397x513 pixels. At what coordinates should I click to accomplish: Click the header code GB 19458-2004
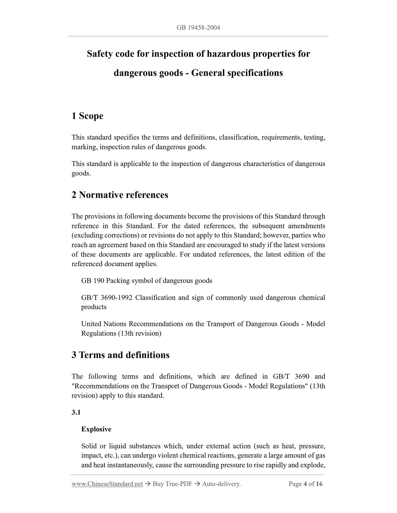pyautogui.click(x=198, y=28)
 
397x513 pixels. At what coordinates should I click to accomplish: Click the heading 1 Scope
pyautogui.click(x=87, y=116)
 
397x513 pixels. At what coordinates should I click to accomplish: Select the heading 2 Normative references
pyautogui.click(x=120, y=195)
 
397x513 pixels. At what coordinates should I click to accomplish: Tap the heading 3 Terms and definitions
pyautogui.click(x=120, y=355)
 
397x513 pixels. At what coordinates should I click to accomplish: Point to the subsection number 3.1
pyautogui.click(x=76, y=412)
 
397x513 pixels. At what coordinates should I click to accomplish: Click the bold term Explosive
pyautogui.click(x=96, y=429)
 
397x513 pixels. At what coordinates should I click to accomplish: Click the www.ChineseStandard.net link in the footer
pyautogui.click(x=107, y=484)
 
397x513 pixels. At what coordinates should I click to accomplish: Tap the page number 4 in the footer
pyautogui.click(x=305, y=484)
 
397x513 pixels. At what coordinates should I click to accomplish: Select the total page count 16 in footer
pyautogui.click(x=319, y=484)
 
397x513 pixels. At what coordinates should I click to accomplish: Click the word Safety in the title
pyautogui.click(x=100, y=54)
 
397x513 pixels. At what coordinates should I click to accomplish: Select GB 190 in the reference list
pyautogui.click(x=92, y=281)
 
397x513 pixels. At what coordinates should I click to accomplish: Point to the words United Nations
pyautogui.click(x=104, y=324)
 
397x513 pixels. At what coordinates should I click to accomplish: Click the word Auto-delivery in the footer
pyautogui.click(x=221, y=484)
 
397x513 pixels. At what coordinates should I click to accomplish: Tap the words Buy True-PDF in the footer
pyautogui.click(x=172, y=484)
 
